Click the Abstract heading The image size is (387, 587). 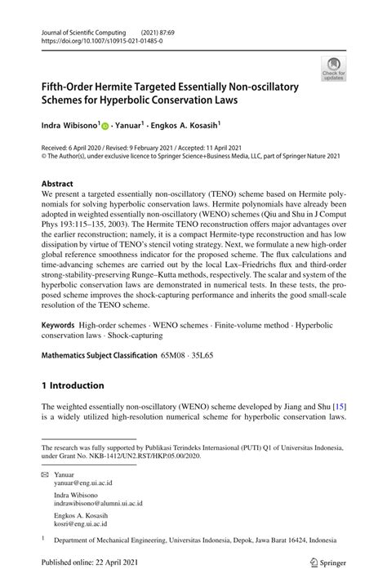tap(62, 184)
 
